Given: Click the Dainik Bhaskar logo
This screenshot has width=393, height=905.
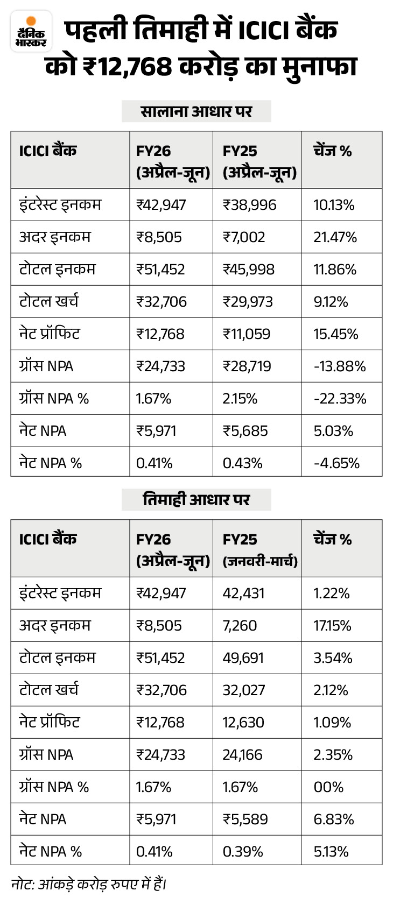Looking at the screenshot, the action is pyautogui.click(x=31, y=31).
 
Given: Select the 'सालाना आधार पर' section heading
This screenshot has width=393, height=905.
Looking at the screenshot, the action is pyautogui.click(x=196, y=111).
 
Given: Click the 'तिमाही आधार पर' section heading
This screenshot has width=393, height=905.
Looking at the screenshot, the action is pyautogui.click(x=196, y=500).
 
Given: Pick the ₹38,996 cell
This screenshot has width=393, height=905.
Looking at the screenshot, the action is pyautogui.click(x=249, y=205).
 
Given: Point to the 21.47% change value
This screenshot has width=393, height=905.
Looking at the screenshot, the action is pyautogui.click(x=335, y=237).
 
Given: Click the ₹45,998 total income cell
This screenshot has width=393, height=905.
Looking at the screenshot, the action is pyautogui.click(x=249, y=270).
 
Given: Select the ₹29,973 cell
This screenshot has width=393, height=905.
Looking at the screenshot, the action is pyautogui.click(x=248, y=302).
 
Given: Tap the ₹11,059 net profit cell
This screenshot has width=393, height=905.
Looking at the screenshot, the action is pyautogui.click(x=247, y=334).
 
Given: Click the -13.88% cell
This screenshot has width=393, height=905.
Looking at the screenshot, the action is pyautogui.click(x=340, y=366).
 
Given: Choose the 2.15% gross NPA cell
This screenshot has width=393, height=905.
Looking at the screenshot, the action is pyautogui.click(x=240, y=399).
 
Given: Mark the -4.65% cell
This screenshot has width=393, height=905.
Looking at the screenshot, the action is pyautogui.click(x=337, y=463).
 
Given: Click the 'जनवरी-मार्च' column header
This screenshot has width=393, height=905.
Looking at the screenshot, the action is pyautogui.click(x=260, y=561).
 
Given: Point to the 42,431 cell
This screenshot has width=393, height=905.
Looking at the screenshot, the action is pyautogui.click(x=243, y=593).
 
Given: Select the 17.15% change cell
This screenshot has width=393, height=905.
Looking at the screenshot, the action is pyautogui.click(x=332, y=626).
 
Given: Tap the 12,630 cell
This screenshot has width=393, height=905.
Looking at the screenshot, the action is pyautogui.click(x=243, y=723).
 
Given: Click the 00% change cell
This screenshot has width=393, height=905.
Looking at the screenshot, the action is pyautogui.click(x=328, y=787).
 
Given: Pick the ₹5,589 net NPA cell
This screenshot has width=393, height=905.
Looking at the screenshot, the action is pyautogui.click(x=245, y=819).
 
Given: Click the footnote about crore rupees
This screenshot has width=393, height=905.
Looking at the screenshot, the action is pyautogui.click(x=89, y=885).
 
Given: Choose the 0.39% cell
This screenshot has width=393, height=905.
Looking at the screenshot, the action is pyautogui.click(x=243, y=852).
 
